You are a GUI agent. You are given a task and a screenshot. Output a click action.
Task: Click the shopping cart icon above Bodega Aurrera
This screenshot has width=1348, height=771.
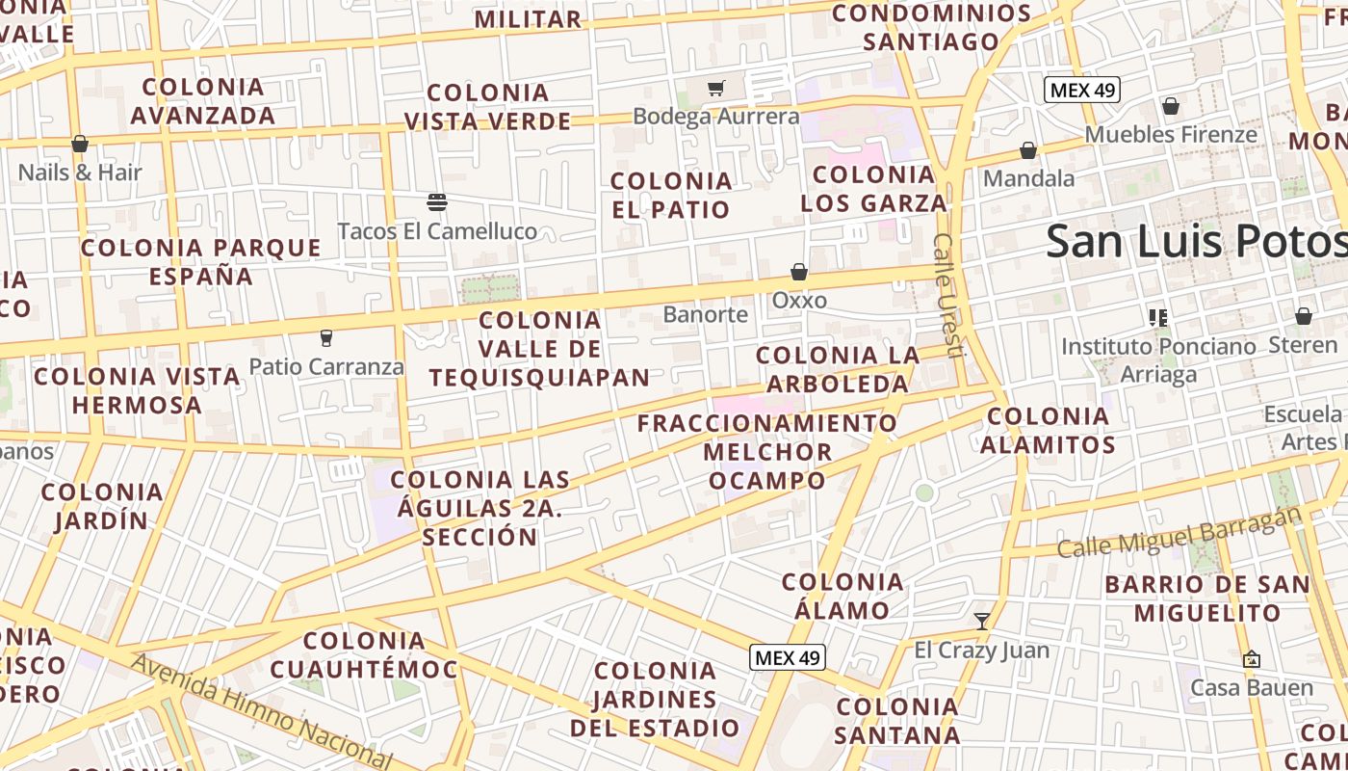[715, 89]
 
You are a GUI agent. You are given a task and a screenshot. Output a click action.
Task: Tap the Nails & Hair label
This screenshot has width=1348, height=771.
[80, 173]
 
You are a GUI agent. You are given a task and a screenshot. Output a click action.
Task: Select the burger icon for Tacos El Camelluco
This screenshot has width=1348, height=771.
[437, 201]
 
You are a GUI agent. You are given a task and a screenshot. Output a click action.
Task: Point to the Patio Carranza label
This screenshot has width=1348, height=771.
[326, 366]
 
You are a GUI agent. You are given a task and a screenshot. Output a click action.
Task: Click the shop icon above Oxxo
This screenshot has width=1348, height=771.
[799, 272]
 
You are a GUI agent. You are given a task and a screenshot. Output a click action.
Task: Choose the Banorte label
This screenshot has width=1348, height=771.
[706, 314]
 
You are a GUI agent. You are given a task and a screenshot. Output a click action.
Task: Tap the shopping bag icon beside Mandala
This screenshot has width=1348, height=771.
[1028, 150]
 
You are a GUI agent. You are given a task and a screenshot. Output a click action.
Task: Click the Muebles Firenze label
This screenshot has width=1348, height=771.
[1171, 134]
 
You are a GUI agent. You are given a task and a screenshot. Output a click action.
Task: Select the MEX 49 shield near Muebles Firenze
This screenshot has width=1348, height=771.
[1082, 90]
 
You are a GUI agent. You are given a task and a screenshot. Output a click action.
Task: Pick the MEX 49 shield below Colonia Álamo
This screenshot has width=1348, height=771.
[788, 657]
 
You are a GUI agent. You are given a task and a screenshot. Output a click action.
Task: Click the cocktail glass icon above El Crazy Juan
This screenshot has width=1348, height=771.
[982, 621]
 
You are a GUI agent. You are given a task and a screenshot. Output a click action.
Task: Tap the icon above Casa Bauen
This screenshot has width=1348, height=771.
[1252, 659]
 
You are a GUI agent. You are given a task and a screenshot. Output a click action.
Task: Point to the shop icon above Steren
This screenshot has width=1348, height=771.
[1303, 316]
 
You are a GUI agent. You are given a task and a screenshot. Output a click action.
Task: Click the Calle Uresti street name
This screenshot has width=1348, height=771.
[947, 294]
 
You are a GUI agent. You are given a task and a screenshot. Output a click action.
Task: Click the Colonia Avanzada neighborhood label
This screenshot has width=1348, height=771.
[203, 101]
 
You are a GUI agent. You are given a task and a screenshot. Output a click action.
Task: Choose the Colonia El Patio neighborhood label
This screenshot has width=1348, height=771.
[671, 195]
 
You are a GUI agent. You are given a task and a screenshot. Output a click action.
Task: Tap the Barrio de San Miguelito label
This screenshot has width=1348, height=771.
[1207, 598]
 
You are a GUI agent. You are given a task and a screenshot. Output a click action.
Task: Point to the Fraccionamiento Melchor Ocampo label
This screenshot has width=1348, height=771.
[767, 451]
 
